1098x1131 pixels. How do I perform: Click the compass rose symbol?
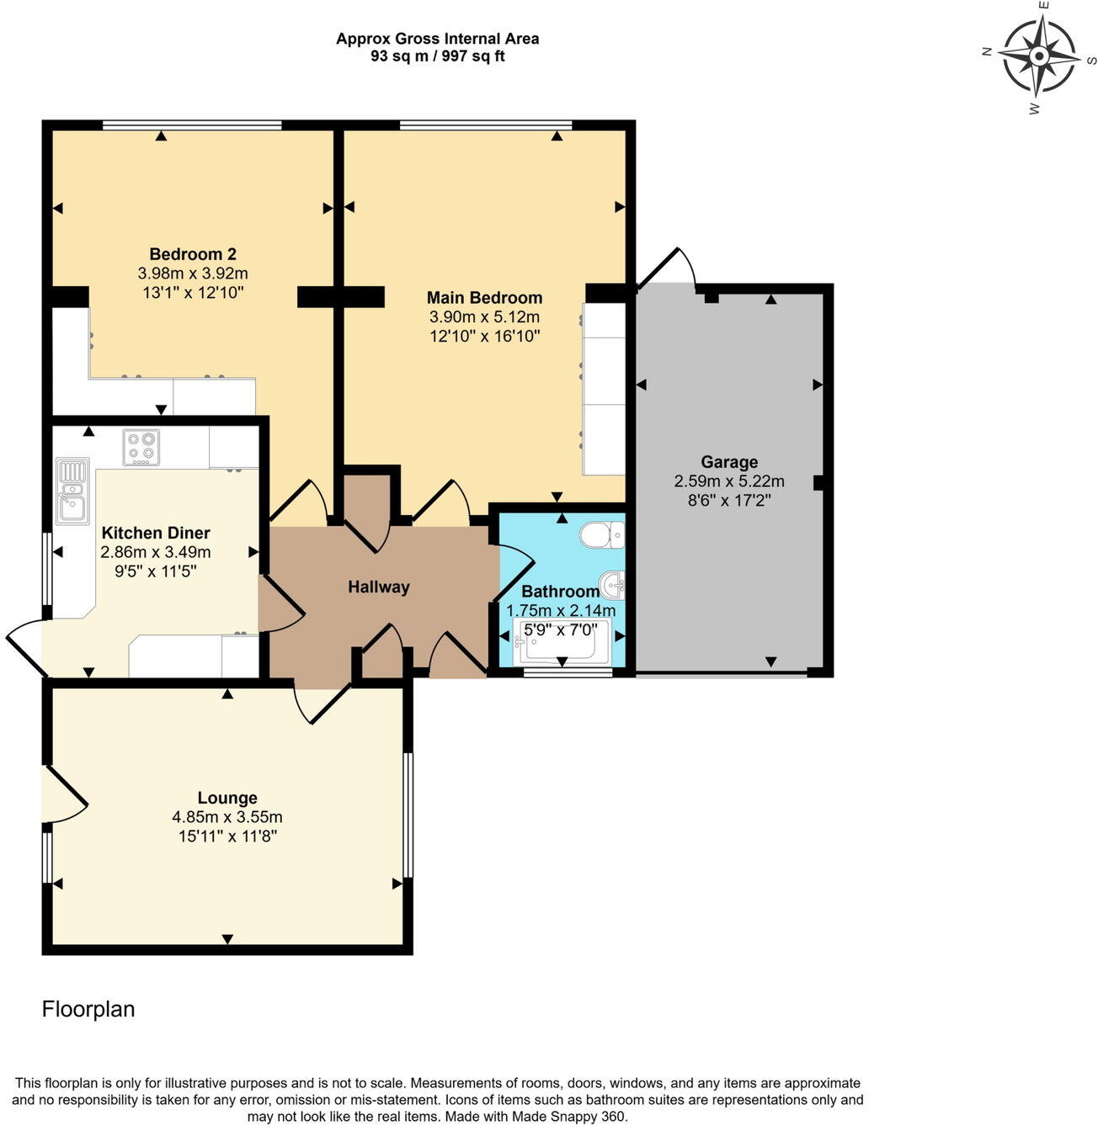tap(1039, 56)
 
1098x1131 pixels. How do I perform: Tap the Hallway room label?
tap(379, 587)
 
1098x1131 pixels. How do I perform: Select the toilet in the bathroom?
tap(602, 534)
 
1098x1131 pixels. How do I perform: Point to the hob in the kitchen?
tap(141, 447)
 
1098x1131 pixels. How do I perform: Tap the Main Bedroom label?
tap(484, 298)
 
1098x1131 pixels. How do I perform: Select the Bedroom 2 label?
tap(193, 254)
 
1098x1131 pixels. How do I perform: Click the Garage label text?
tap(729, 462)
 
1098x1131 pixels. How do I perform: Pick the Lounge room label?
tap(227, 798)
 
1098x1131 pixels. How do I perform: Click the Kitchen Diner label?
tap(156, 533)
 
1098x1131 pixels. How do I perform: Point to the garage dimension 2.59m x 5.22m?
tap(729, 481)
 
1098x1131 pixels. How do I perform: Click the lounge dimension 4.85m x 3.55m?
tap(227, 817)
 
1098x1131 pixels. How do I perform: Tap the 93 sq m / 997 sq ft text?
tap(438, 56)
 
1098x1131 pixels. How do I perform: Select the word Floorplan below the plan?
tap(88, 1009)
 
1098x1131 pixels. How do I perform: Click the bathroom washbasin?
tap(612, 584)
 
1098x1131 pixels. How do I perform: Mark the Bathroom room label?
tap(561, 592)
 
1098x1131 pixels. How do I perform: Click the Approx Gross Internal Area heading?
tap(438, 39)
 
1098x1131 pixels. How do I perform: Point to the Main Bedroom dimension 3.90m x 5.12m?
tap(484, 316)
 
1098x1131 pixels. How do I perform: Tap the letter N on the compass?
tap(986, 51)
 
